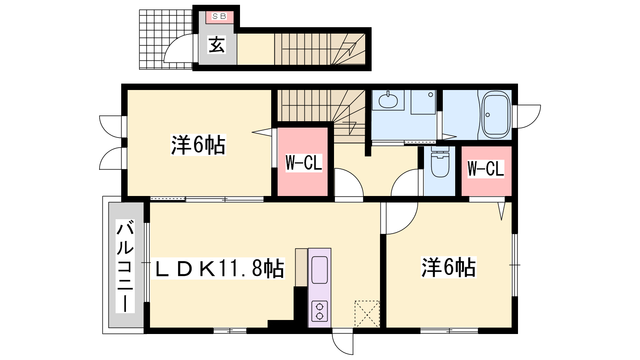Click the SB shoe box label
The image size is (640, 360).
coord(219,16)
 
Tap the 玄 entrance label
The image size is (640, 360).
coord(217,44)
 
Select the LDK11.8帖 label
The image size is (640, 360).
coord(220,268)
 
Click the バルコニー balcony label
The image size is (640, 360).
coord(125,266)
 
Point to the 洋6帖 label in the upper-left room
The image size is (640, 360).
coord(198,145)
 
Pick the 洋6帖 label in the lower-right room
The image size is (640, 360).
coord(448,267)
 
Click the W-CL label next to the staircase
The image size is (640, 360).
coord(304,163)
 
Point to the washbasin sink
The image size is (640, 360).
coord(388,100)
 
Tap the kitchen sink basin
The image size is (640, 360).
coord(320,270)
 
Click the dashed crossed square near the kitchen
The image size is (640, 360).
coord(367,314)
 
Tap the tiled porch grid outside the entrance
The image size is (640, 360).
coord(166,40)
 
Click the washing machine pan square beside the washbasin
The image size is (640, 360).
coord(423,102)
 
